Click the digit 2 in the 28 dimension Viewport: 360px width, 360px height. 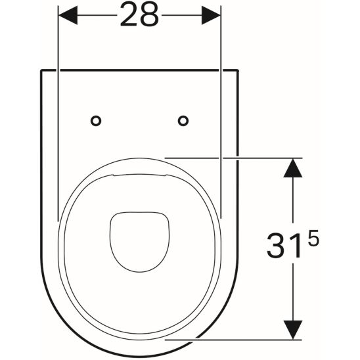tap(129, 16)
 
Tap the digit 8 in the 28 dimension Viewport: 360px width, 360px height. tap(149, 16)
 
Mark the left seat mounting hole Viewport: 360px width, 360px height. tap(96, 120)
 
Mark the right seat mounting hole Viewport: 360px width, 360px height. tap(183, 120)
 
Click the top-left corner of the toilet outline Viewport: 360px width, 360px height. tap(41, 69)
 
